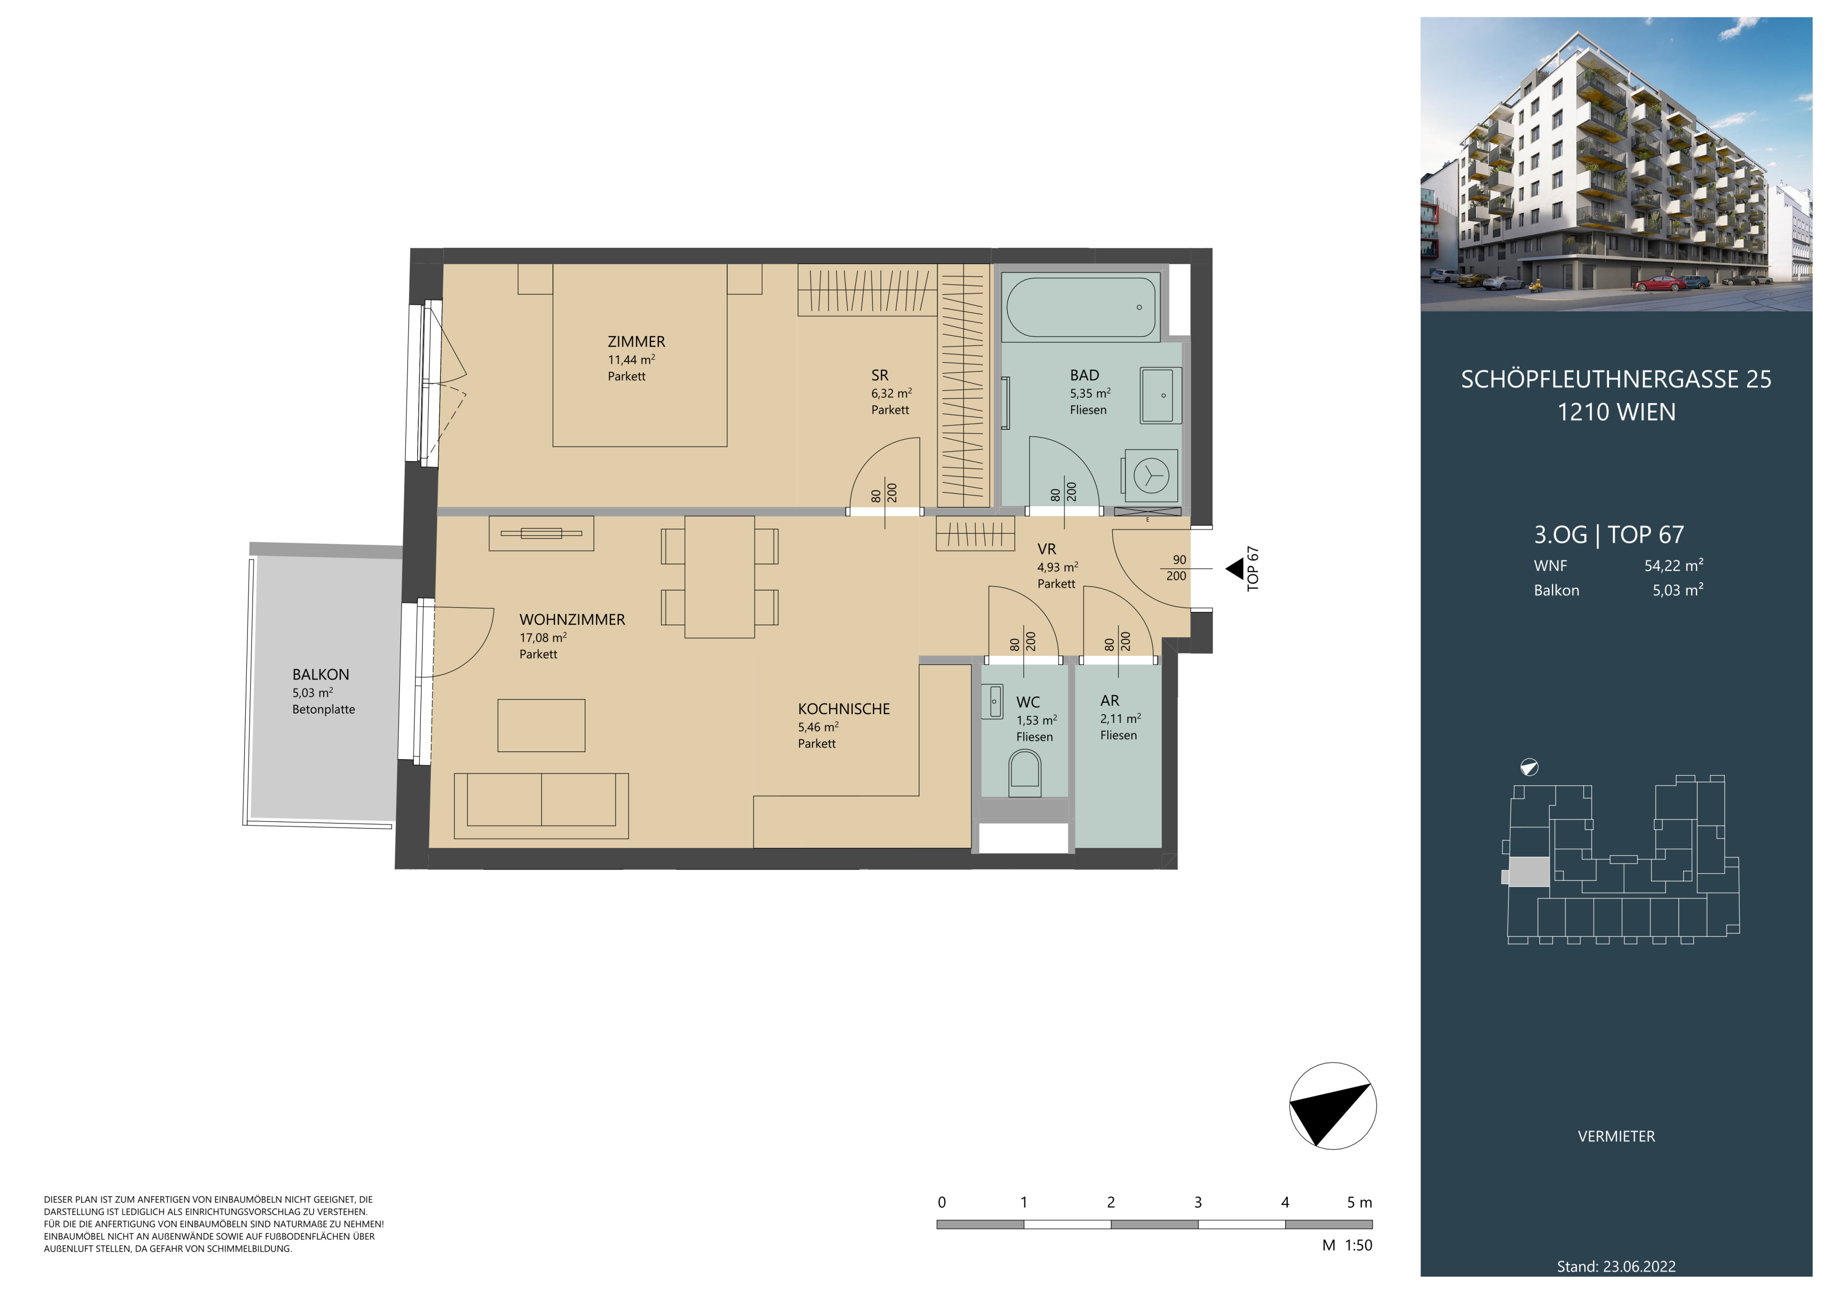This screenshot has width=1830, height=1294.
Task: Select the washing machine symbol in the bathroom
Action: (1151, 476)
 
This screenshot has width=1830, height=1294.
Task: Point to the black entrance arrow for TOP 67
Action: (1234, 568)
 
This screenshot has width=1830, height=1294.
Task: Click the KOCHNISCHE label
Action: (843, 709)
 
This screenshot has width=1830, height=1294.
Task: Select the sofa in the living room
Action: (541, 806)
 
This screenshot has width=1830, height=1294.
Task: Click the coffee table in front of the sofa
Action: (541, 725)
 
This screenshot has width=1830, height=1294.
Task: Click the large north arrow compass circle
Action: (1333, 1106)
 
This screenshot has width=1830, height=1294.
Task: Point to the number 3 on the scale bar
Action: (1198, 1203)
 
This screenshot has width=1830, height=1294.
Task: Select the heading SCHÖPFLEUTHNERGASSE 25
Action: (1616, 379)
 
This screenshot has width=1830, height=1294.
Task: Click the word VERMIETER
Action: (1616, 1136)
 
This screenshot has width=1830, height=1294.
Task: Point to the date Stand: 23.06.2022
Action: (1616, 1266)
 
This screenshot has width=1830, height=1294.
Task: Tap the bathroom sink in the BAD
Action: (1161, 394)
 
